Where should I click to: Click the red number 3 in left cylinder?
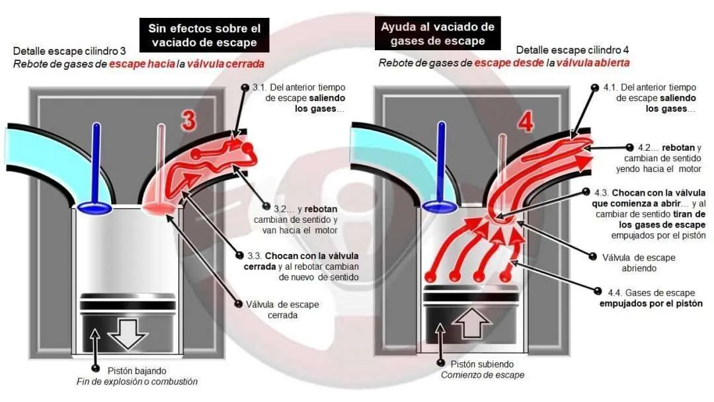click(188, 120)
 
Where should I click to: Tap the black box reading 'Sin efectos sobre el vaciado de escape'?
click(204, 35)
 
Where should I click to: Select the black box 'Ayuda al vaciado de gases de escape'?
click(438, 34)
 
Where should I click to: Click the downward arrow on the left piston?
click(128, 334)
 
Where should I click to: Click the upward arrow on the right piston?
click(472, 323)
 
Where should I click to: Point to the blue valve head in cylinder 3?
click(95, 208)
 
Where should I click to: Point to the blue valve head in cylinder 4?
click(440, 207)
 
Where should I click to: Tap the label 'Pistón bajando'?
click(137, 370)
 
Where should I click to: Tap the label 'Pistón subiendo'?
click(482, 364)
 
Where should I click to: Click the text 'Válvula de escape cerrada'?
click(282, 309)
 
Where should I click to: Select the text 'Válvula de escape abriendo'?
click(639, 262)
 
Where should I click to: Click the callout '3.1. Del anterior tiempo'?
click(299, 87)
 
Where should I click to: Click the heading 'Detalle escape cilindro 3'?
click(69, 50)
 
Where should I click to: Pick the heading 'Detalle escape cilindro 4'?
click(573, 50)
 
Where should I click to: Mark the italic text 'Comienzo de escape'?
click(482, 375)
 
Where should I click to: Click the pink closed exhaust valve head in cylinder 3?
click(159, 208)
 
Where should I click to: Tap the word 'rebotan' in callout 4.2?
click(678, 147)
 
